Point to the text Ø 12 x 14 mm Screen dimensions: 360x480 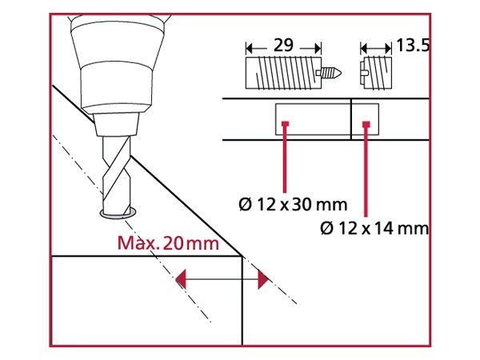point(374,229)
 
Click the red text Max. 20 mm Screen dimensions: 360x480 point(167,244)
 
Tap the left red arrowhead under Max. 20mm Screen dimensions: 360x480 point(182,278)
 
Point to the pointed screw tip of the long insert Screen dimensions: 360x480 point(333,74)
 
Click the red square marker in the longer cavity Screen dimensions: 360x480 point(285,124)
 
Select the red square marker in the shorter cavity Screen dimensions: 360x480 point(365,124)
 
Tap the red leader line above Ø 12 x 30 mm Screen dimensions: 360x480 point(285,160)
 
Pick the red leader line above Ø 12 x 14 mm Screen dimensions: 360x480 point(365,172)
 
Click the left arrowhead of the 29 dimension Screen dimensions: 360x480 point(250,46)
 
